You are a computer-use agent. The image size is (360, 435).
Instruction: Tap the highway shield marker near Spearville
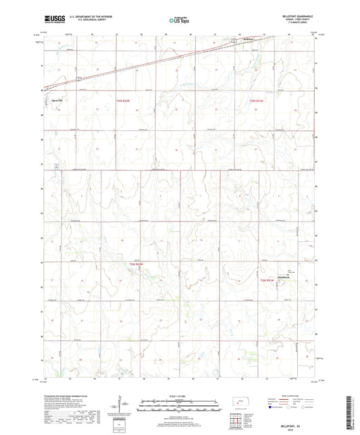[79, 80]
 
